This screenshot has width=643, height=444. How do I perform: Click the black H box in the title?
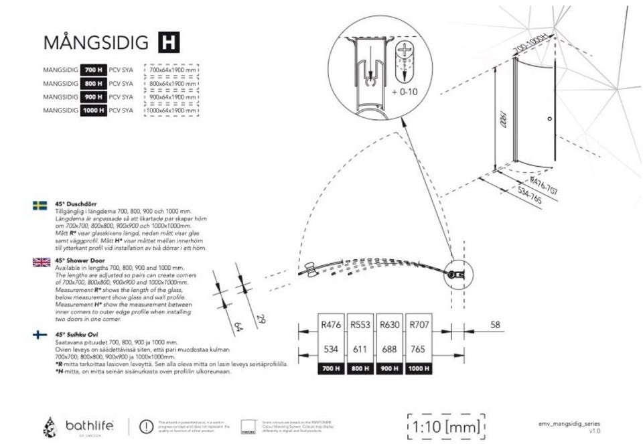click(168, 42)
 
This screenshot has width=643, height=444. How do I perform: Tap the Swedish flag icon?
click(40, 206)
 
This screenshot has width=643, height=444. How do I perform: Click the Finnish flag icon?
click(40, 336)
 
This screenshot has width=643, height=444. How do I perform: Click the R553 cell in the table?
click(360, 325)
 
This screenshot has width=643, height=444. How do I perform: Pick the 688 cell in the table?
click(390, 350)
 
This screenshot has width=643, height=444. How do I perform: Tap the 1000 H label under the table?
click(419, 368)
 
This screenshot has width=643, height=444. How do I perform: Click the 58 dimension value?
click(495, 325)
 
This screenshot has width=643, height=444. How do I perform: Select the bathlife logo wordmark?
click(90, 425)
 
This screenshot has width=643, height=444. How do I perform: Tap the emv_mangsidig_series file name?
click(573, 424)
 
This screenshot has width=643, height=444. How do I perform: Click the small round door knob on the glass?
click(549, 119)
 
